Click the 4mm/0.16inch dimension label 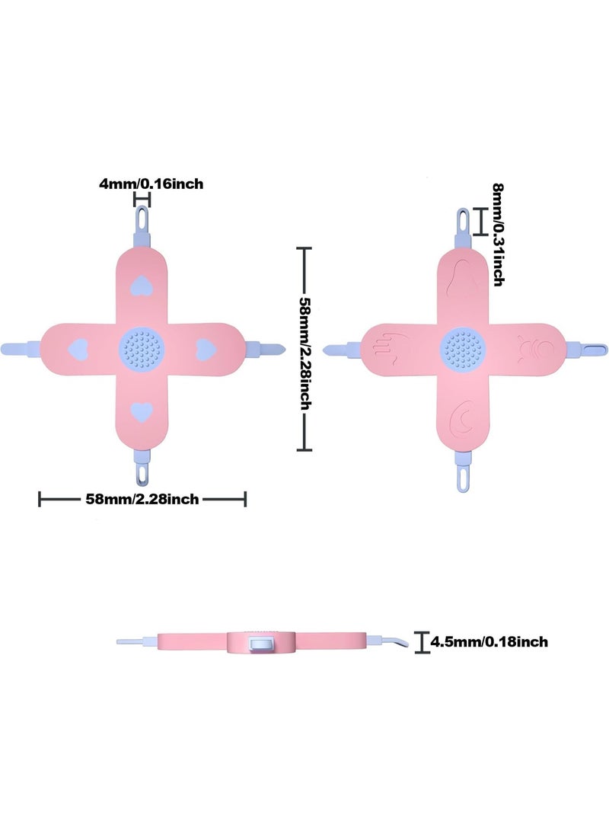tap(151, 184)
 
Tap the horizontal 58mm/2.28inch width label tap(142, 499)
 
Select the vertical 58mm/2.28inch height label tap(305, 353)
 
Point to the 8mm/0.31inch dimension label tap(498, 235)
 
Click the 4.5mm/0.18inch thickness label tap(489, 642)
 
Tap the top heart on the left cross tap(142, 286)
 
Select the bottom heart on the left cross tap(142, 412)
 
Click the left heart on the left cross tap(78, 349)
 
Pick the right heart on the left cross tap(205, 350)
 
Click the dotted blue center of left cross tap(142, 349)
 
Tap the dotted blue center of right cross tap(463, 349)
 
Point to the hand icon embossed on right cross tap(391, 347)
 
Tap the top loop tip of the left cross tap(142, 216)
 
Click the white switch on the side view tap(261, 644)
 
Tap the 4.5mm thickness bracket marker tap(422, 642)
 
